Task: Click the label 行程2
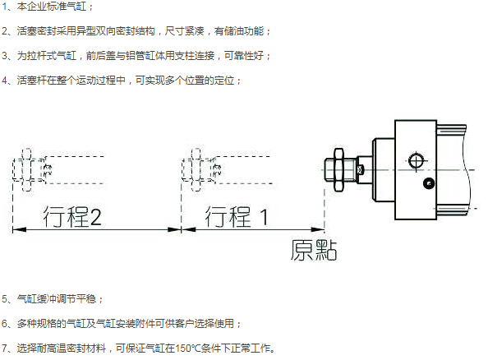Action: (72, 216)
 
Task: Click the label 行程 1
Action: (237, 216)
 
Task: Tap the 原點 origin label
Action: (314, 250)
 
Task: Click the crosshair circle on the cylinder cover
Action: (416, 161)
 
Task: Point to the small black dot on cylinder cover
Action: (429, 183)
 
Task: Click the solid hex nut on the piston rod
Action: (338, 169)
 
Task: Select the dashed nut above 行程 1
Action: (196, 169)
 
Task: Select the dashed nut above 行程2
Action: (27, 169)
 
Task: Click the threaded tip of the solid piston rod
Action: (329, 170)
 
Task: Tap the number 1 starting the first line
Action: (5, 7)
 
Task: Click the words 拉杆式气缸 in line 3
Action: (52, 56)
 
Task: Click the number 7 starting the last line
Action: (5, 348)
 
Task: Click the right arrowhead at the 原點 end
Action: (318, 230)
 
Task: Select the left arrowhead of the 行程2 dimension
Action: (19, 230)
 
